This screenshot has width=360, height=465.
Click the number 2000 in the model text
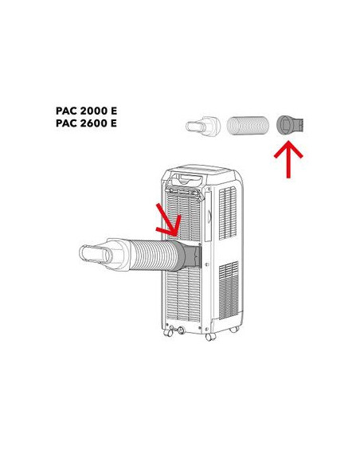point(94,111)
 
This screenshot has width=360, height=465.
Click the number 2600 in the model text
point(94,123)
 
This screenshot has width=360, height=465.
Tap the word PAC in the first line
point(66,111)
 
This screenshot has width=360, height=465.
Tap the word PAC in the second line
point(66,123)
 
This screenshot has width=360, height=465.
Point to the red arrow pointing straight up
point(288,160)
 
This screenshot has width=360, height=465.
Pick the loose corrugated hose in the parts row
point(248,126)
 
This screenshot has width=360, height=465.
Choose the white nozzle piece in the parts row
point(203,127)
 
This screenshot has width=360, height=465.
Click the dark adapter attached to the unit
point(190,256)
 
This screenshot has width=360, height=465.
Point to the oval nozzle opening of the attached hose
point(96,255)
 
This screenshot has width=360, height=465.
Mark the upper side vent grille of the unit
point(228,213)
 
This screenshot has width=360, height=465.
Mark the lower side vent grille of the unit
point(229,291)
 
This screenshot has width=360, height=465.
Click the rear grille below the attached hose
point(183,295)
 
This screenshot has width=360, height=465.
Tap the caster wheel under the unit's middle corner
point(210,337)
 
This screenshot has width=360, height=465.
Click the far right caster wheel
point(234,329)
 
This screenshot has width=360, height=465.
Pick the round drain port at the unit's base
point(180,330)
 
